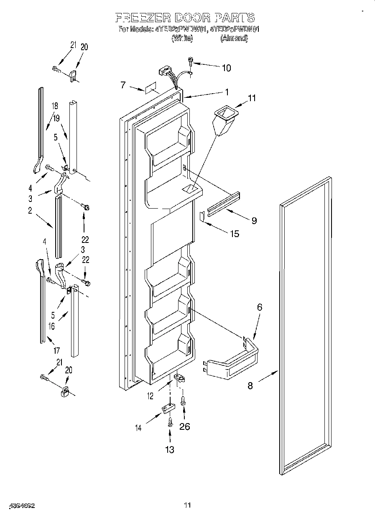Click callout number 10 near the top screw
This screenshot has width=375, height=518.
pos(226,68)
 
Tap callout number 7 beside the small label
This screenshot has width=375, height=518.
pos(123,85)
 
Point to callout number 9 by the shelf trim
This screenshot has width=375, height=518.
pos(254,220)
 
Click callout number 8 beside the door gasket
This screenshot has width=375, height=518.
pos(250,385)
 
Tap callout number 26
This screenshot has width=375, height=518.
pos(184,426)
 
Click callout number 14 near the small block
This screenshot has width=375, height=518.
pos(138,427)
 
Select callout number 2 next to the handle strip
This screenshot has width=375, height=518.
pos(30,211)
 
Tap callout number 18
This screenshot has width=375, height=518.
pos(54,106)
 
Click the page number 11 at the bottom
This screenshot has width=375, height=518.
pos(187,505)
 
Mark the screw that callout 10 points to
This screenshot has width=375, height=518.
pos(191,61)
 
